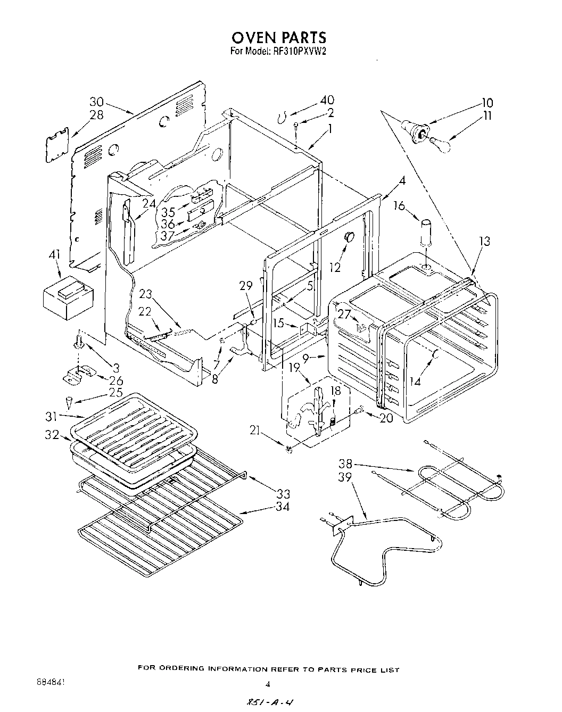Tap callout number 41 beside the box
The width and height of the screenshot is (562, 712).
coord(54,255)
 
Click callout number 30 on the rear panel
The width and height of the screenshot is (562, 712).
coord(96,102)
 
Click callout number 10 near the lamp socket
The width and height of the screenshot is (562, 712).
coord(487,103)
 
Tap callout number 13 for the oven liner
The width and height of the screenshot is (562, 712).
coord(483,242)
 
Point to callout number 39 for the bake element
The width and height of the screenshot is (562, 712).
coord(345,477)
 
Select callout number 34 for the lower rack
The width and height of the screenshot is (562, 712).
coord(283,507)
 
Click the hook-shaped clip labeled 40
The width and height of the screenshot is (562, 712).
coord(284,117)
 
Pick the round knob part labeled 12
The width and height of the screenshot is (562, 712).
coord(349,236)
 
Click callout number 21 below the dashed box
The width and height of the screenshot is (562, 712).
coord(255,430)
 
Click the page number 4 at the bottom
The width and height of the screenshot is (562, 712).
coord(268,684)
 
